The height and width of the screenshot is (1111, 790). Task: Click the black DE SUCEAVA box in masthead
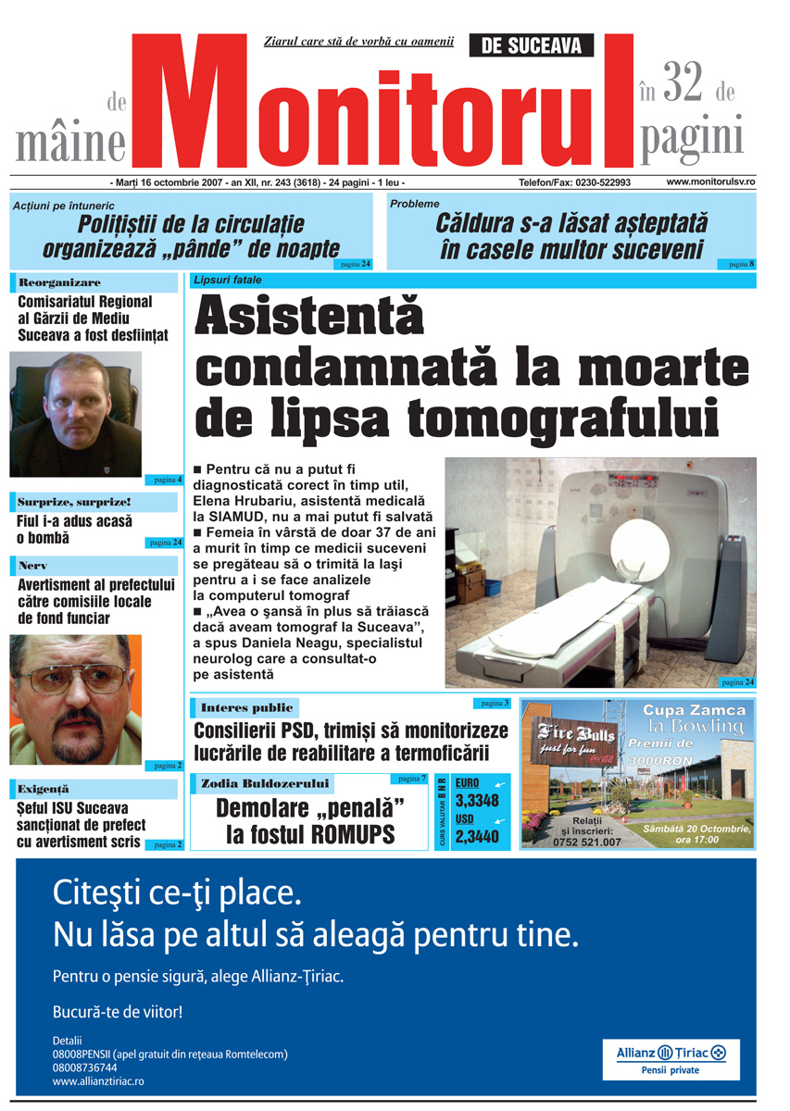pyautogui.click(x=532, y=45)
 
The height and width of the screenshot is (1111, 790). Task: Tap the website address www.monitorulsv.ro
pyautogui.click(x=710, y=182)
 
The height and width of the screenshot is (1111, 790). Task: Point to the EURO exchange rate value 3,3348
pyautogui.click(x=477, y=801)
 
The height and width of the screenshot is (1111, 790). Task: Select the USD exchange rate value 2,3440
pyautogui.click(x=477, y=837)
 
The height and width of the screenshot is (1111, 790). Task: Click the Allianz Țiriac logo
pyautogui.click(x=671, y=1053)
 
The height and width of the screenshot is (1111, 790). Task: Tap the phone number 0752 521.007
pyautogui.click(x=586, y=842)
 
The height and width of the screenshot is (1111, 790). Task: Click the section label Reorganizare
pyautogui.click(x=60, y=282)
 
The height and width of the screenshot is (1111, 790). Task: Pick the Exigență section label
pyautogui.click(x=44, y=789)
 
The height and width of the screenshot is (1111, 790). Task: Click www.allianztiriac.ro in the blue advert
pyautogui.click(x=98, y=1080)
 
